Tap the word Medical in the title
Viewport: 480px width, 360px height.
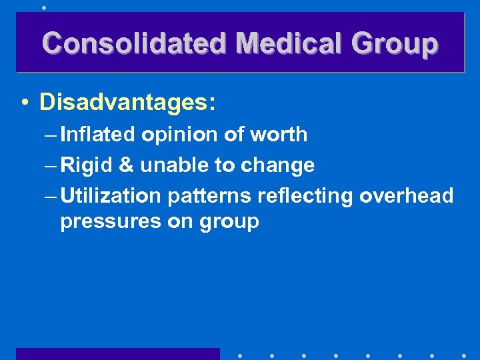click(291, 43)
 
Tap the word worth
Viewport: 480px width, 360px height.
click(279, 134)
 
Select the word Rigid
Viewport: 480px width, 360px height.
click(87, 165)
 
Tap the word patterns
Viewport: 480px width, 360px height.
click(208, 196)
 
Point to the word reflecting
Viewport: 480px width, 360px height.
click(304, 196)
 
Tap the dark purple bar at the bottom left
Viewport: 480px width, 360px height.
click(117, 354)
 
